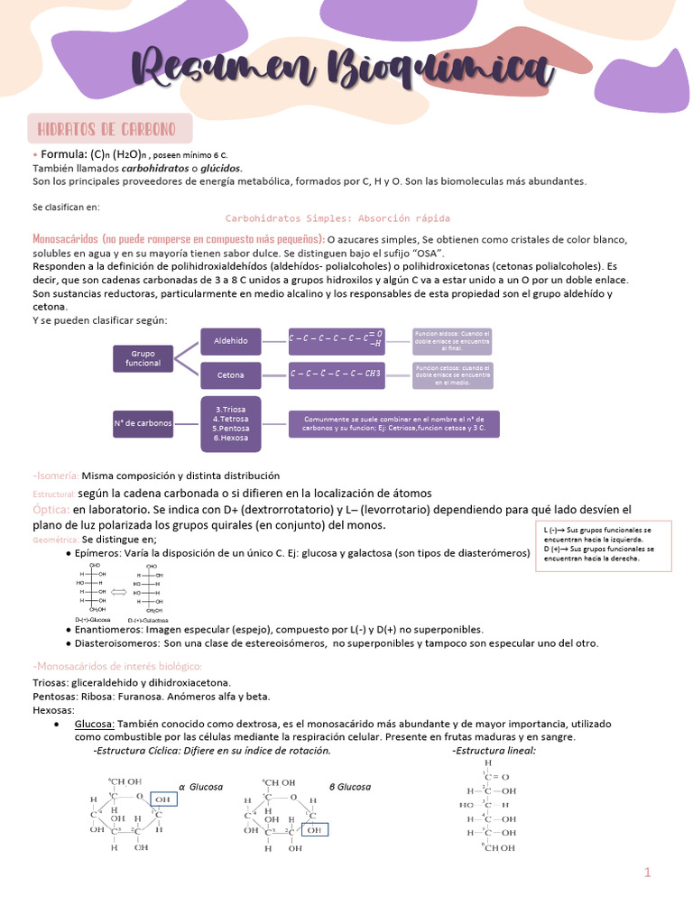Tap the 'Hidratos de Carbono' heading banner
pos(110,127)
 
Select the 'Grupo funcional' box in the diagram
pos(143,357)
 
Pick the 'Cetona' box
pos(230,374)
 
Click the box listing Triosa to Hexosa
pos(230,423)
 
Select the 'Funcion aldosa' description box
pos(452,340)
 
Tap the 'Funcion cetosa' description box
pos(452,374)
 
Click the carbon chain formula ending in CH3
pos(335,374)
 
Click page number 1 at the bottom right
pos(647,873)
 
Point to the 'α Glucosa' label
pos(200,787)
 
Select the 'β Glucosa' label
pos(349,787)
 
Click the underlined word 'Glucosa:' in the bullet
pos(95,724)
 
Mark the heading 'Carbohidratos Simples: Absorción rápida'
pos(337,218)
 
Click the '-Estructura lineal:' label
pos(494,750)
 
